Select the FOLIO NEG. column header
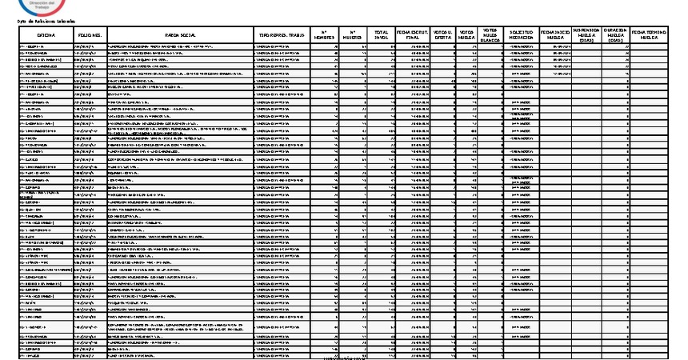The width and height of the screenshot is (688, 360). pos(89,36)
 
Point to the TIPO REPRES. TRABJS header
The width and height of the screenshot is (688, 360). pos(280,36)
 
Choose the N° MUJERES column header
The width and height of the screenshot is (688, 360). pos(353,36)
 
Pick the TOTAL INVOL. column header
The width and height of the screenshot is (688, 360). pos(382,36)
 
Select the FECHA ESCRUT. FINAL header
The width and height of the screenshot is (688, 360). pos(414,36)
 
